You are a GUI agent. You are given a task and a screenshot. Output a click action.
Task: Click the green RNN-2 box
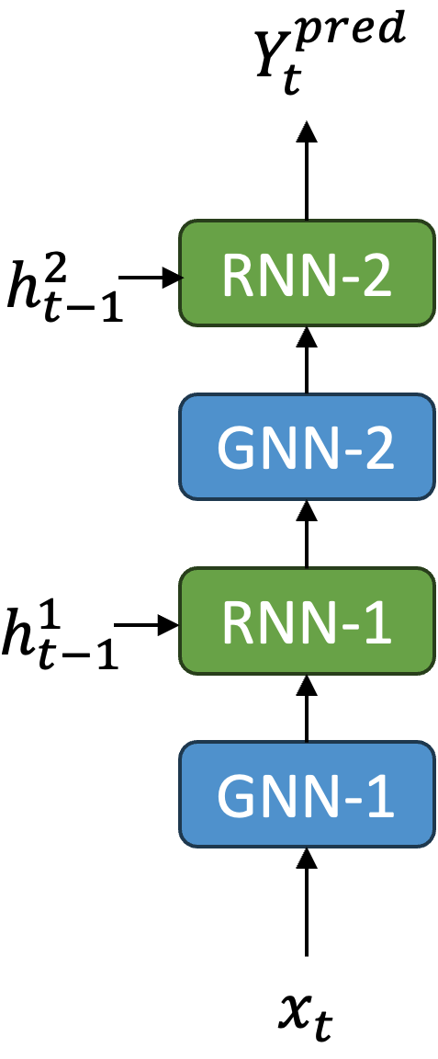coord(307,273)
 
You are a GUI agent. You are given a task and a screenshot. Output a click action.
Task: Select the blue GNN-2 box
coord(307,448)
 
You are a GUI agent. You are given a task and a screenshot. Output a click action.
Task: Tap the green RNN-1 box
coord(307,622)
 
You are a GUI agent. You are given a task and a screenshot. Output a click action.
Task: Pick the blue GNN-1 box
coord(307,795)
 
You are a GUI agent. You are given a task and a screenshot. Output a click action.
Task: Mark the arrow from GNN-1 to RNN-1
coord(307,708)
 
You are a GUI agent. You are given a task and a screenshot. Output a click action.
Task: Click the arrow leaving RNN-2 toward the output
coord(307,170)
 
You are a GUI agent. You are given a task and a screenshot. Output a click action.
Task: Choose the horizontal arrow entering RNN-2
coord(152,276)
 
